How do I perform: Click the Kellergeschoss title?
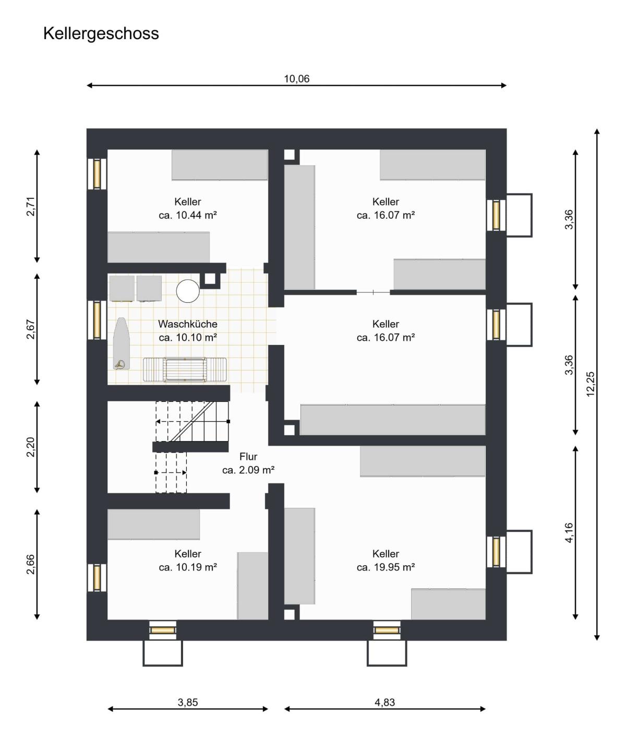tap(101, 34)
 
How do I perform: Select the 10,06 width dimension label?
tap(297, 79)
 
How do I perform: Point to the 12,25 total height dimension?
tap(591, 384)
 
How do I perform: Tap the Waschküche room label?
tap(188, 324)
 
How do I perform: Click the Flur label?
tap(248, 457)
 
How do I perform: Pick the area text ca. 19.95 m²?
tap(386, 567)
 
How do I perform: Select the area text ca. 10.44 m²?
tap(188, 216)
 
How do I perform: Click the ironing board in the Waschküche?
tap(122, 343)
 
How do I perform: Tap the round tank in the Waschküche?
tap(188, 291)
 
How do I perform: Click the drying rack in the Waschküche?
tap(185, 370)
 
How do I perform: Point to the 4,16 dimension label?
tap(569, 533)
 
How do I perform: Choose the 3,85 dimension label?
tap(188, 703)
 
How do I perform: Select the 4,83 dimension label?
tap(385, 703)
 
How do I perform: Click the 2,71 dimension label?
tap(31, 206)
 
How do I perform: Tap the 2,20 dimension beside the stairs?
tap(31, 447)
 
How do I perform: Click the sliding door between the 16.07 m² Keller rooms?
tap(374, 292)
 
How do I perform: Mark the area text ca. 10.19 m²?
tap(188, 567)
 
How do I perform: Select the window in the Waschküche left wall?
tap(97, 320)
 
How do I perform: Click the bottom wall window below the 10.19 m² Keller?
tap(162, 630)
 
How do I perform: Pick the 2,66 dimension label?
tap(31, 565)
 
